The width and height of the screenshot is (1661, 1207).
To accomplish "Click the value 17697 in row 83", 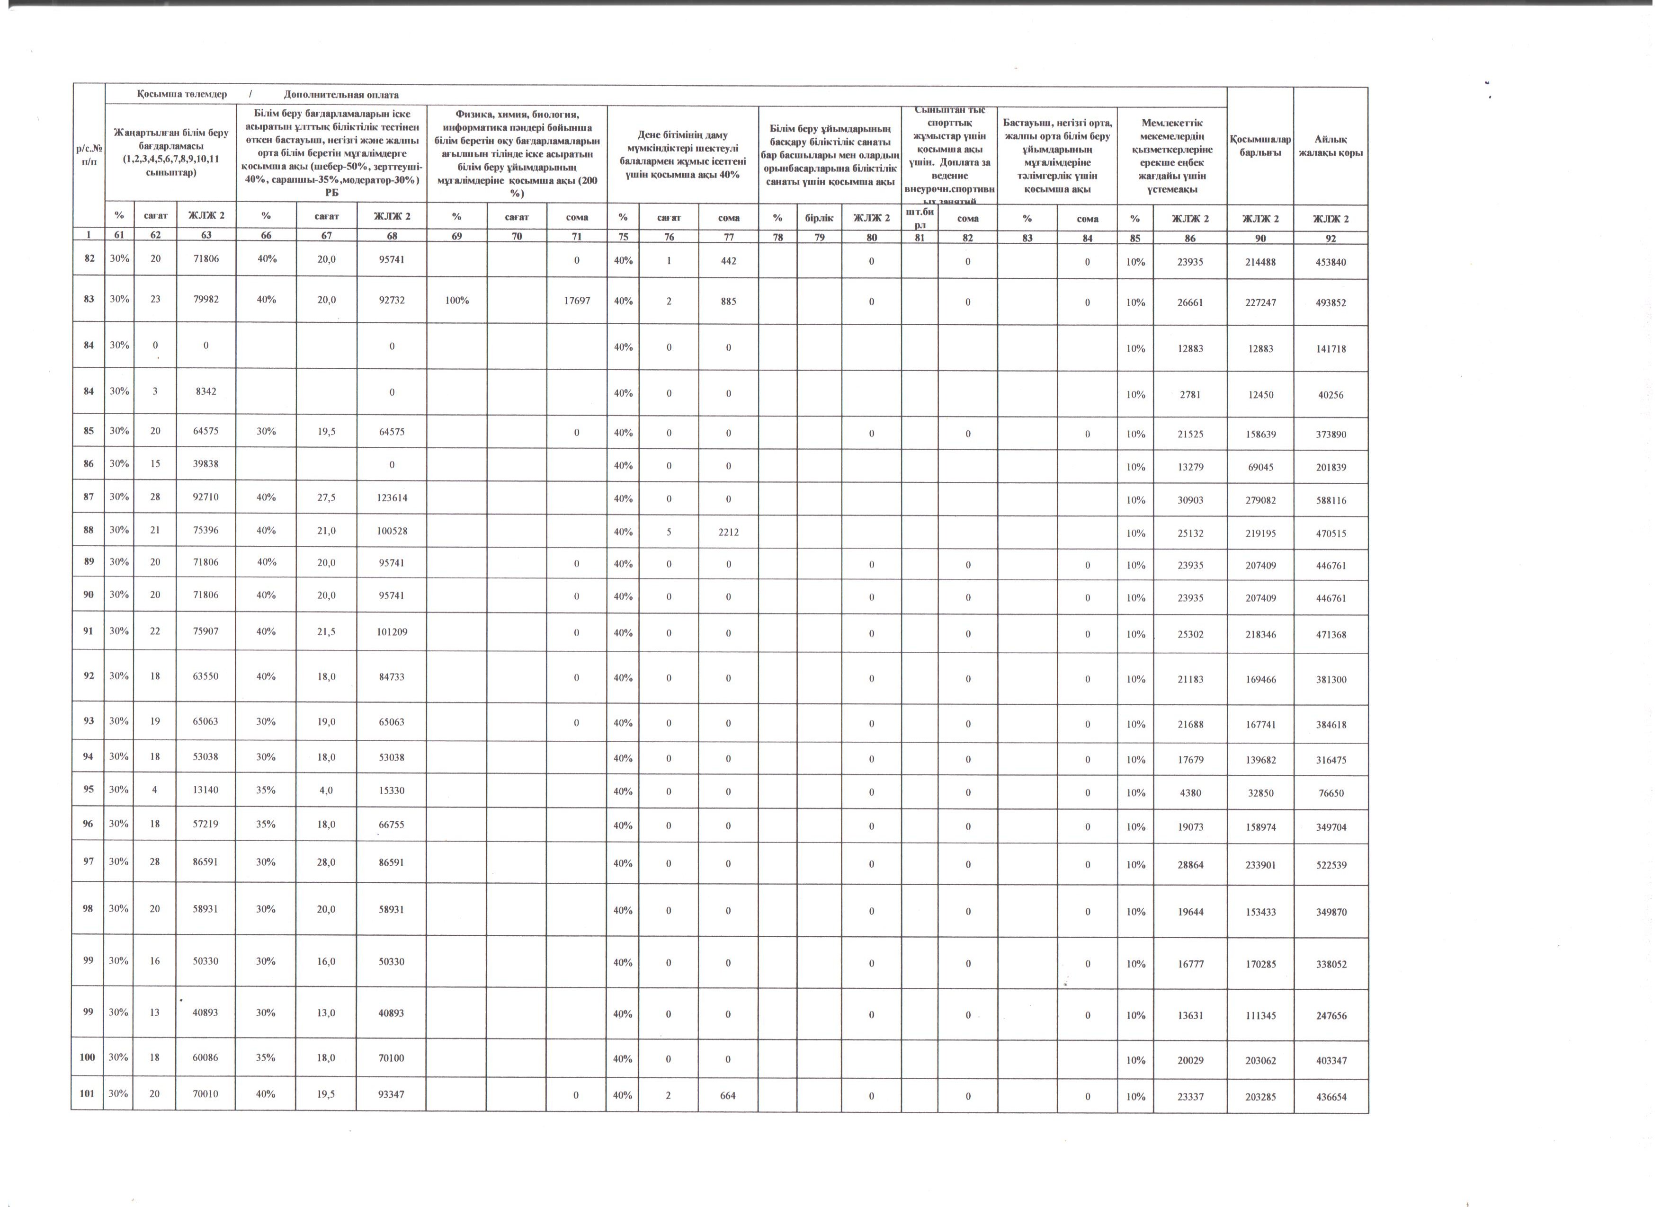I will pos(577,301).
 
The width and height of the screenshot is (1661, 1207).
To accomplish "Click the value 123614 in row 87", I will pos(392,498).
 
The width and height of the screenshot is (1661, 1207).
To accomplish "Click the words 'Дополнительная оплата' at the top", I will pos(341,94).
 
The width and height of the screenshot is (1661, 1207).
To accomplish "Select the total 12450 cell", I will pos(1260,395).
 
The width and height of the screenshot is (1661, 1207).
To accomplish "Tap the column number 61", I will pos(119,236).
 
